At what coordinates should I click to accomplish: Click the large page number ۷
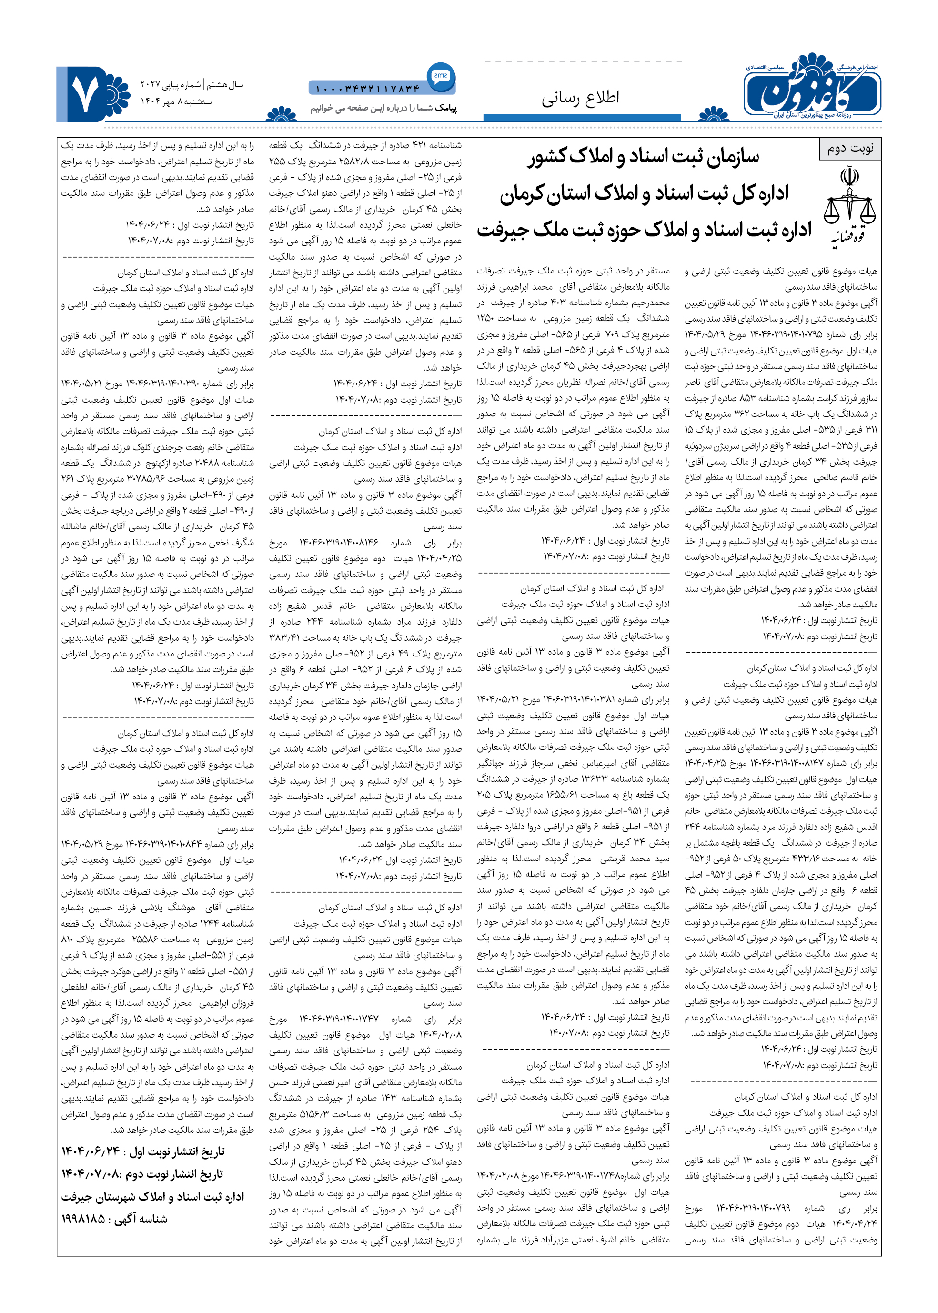click(x=85, y=95)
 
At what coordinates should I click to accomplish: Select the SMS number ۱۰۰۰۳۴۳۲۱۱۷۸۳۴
click(x=367, y=89)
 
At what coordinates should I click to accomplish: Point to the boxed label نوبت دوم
click(x=850, y=149)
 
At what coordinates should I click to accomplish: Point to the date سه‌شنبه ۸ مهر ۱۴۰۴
click(x=176, y=101)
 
